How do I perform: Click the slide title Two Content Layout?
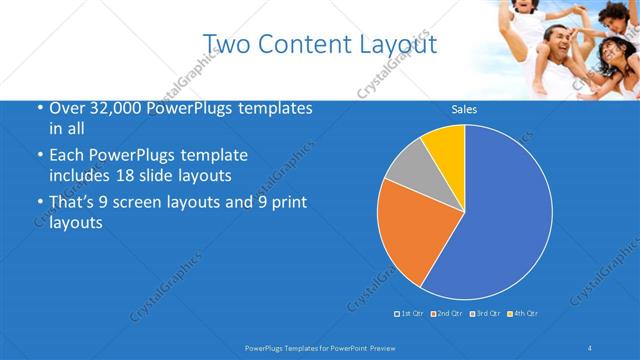tap(319, 45)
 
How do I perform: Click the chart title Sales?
tap(464, 109)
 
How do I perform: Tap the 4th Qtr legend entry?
tap(523, 314)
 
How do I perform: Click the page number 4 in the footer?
tap(590, 347)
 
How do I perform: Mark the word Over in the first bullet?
tap(65, 109)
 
